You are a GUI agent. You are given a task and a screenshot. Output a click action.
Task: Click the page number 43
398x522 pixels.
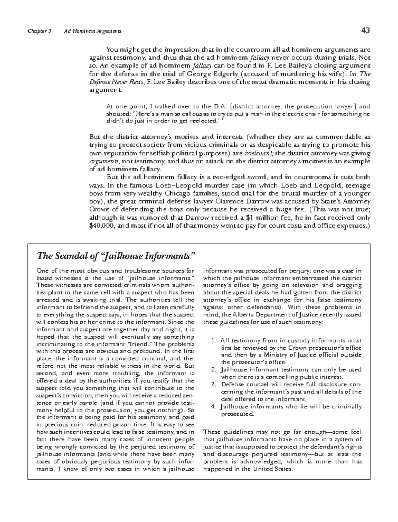[x=365, y=31]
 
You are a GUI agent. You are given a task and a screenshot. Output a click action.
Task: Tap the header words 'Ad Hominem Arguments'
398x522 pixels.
[x=93, y=31]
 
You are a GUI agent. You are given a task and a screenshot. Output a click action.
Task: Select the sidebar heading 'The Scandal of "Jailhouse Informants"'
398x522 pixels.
[x=115, y=256]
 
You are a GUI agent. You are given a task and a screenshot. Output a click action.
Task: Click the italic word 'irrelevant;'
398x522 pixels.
[x=259, y=153]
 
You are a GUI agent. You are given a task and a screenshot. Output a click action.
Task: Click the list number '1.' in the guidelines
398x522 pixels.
[x=214, y=341]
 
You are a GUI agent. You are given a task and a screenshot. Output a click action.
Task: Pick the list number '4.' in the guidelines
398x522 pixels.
[x=214, y=407]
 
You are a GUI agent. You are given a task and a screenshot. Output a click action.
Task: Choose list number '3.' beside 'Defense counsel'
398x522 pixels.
[x=214, y=385]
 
